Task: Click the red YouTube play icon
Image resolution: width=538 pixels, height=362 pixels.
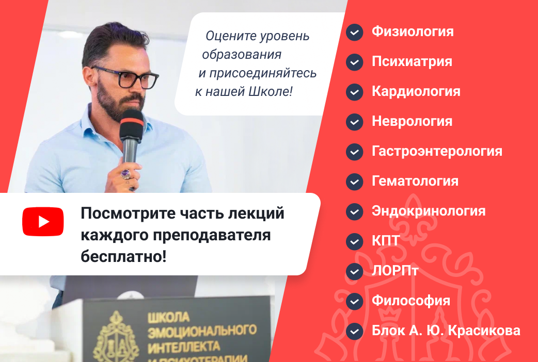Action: tap(43, 221)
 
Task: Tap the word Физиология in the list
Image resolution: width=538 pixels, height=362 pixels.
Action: tap(413, 31)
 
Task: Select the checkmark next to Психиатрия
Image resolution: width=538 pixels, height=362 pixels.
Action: tap(354, 62)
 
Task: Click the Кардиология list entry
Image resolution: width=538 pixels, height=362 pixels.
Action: tap(416, 91)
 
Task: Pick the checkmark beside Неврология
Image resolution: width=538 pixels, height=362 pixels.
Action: tap(354, 122)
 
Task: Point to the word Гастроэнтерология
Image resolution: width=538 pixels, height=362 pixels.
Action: tap(437, 151)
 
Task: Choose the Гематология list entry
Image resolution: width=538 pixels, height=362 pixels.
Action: tap(415, 181)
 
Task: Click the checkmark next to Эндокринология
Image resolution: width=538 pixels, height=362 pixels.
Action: tap(354, 211)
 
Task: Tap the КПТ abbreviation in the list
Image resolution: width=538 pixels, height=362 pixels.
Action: tap(386, 241)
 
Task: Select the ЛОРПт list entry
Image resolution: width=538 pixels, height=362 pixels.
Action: tap(395, 271)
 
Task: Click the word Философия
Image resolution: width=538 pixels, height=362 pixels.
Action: tap(411, 301)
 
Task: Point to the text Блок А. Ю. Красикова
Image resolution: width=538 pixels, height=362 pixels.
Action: tap(446, 331)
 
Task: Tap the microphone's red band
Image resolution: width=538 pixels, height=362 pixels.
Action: tap(132, 122)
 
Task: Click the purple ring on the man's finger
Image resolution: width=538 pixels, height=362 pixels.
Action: tap(125, 175)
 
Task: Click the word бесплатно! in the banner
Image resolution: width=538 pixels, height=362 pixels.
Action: tap(123, 256)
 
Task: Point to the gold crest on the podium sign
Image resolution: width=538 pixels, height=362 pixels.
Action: tap(116, 338)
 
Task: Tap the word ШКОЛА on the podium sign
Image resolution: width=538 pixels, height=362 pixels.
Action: tap(168, 317)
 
